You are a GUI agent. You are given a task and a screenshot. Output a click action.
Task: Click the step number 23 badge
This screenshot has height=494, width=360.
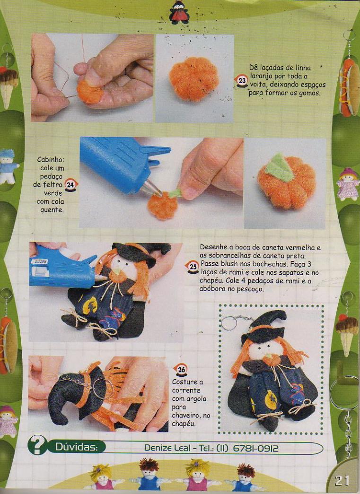(242, 81)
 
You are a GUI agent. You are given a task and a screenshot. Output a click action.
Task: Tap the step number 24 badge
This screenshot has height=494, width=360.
(70, 185)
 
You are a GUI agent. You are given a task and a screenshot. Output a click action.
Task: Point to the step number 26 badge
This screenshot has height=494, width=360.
(181, 370)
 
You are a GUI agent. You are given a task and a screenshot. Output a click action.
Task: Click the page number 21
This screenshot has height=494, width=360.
(342, 481)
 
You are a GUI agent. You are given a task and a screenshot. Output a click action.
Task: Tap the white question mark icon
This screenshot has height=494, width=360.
(37, 445)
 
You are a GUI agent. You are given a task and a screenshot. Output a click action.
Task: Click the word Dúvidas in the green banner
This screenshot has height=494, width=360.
(76, 447)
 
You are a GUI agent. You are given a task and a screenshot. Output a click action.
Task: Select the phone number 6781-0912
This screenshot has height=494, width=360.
(255, 448)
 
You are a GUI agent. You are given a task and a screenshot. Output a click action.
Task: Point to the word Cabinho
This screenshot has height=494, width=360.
(51, 159)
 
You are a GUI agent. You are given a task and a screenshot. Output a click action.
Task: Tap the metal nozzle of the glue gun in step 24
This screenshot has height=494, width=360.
(151, 188)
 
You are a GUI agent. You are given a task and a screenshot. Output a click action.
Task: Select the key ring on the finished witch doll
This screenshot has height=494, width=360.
(228, 323)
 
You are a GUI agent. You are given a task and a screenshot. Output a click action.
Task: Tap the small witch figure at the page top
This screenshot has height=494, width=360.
(179, 12)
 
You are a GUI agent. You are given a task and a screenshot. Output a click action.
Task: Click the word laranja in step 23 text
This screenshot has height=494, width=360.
(261, 76)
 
